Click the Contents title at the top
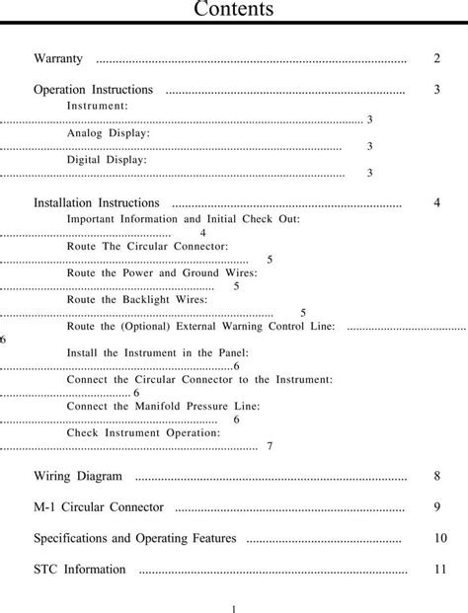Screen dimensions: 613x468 click(233, 11)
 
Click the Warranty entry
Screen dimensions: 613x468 click(58, 59)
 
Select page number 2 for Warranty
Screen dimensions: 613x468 click(436, 59)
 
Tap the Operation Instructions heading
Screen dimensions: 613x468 click(93, 90)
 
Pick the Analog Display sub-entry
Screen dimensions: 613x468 click(109, 132)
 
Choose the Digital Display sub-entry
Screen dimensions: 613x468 click(107, 159)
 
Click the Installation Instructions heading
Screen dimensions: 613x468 click(97, 203)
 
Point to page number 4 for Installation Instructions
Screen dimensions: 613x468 click(436, 203)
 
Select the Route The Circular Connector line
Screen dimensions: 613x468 click(147, 245)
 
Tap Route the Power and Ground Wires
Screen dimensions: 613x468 click(162, 272)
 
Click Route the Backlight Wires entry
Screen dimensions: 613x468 click(137, 299)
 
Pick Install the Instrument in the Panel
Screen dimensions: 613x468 click(158, 352)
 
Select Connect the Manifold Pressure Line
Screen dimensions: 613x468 click(164, 406)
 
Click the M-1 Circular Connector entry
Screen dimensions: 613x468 click(99, 507)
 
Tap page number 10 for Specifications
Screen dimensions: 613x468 click(440, 539)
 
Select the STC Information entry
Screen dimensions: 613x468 click(80, 570)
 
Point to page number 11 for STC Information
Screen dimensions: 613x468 click(440, 570)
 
